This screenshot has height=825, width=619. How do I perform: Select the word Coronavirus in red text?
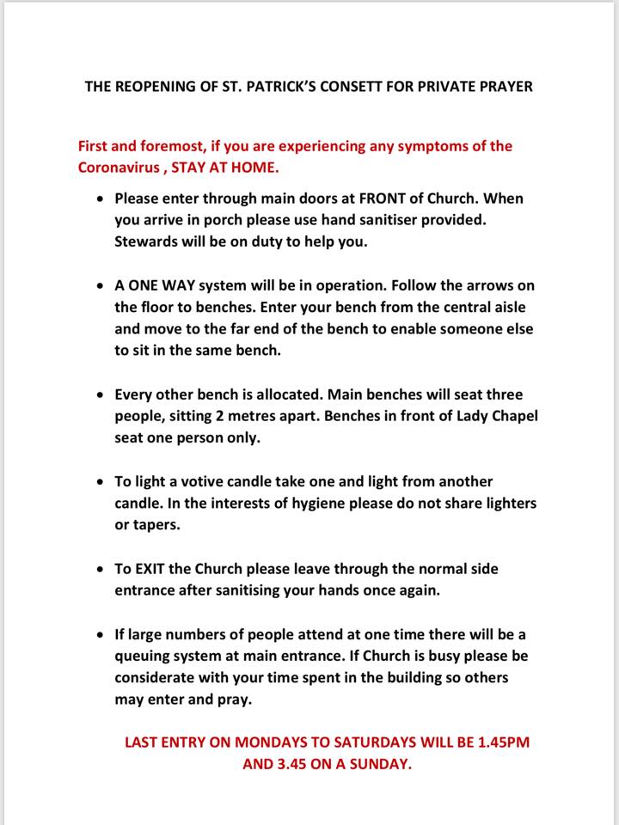pyautogui.click(x=120, y=168)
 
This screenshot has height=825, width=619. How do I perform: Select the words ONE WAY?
pyautogui.click(x=162, y=285)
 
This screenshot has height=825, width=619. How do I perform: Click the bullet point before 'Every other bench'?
pyautogui.click(x=101, y=394)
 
